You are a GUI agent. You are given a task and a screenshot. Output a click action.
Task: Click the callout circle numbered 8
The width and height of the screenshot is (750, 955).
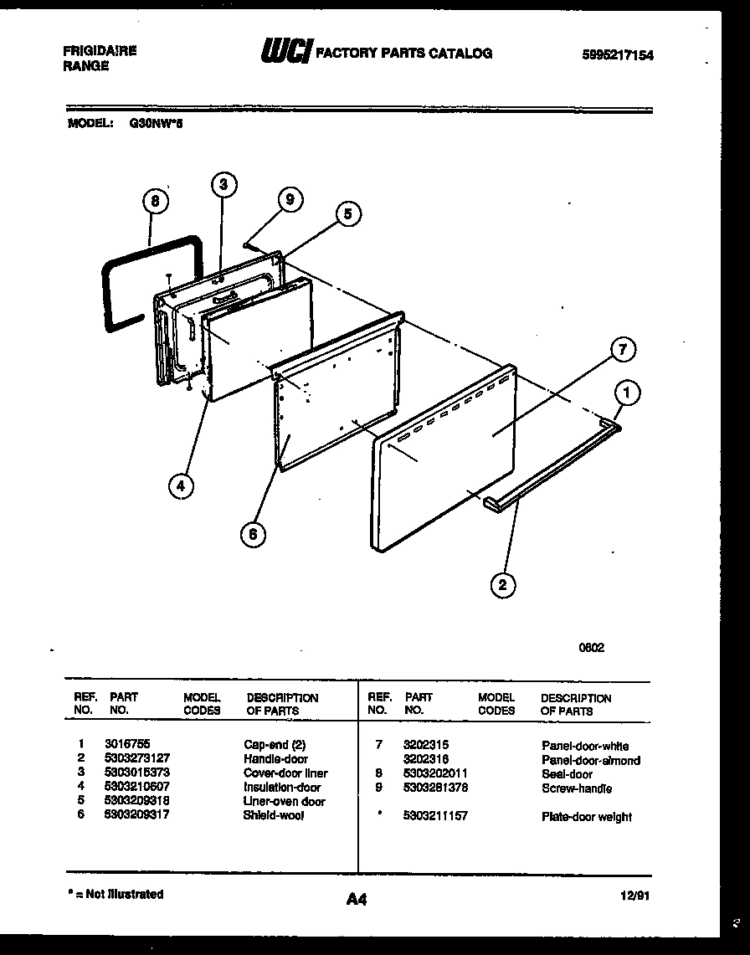click(155, 201)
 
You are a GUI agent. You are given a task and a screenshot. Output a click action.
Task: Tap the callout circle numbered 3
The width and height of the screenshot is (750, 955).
click(223, 185)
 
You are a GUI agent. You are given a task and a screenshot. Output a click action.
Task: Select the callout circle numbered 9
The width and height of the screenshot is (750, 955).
click(289, 199)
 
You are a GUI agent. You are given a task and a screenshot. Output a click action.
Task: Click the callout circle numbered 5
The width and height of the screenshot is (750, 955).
click(347, 214)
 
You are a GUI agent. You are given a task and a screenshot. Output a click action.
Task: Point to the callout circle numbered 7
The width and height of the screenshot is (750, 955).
click(622, 351)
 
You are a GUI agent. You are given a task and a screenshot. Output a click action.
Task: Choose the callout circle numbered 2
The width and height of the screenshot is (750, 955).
click(502, 584)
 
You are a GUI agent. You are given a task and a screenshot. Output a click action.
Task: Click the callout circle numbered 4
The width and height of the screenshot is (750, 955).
click(179, 485)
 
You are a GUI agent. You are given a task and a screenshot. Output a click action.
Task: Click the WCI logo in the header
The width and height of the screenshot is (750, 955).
click(285, 54)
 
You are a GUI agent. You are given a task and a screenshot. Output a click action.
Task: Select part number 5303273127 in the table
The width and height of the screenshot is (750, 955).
click(140, 759)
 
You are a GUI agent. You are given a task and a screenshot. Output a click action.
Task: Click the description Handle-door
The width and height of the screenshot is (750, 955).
click(275, 759)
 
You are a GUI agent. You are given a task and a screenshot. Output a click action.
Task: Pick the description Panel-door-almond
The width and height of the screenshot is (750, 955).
click(590, 760)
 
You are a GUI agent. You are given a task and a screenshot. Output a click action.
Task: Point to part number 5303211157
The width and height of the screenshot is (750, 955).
click(435, 816)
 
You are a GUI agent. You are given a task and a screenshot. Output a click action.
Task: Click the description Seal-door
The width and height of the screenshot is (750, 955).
click(567, 774)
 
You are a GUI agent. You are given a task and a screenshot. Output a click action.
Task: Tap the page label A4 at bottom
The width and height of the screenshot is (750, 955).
click(356, 900)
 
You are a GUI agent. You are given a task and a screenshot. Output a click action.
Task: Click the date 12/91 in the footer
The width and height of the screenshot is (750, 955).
click(635, 896)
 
